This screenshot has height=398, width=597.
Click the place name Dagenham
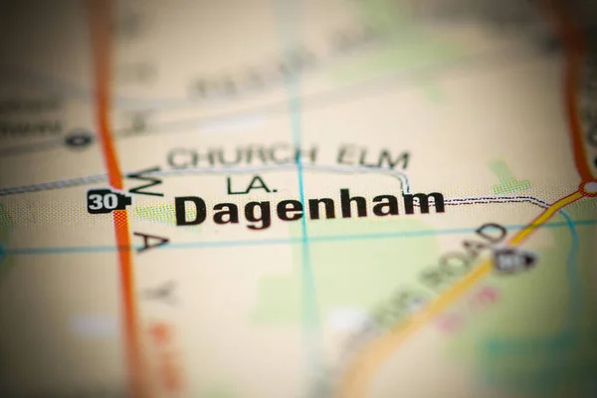tap(309, 207)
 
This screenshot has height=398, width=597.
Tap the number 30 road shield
tap(106, 200)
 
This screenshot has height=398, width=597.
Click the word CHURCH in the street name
tap(242, 156)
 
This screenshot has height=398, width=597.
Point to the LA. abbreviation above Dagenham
tap(249, 184)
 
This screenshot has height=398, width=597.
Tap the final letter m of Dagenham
tap(423, 203)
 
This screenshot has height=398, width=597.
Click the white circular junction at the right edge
tap(589, 187)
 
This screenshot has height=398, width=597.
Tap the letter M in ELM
tap(394, 158)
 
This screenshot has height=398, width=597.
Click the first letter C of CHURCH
tap(178, 157)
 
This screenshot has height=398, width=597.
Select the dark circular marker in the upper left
tap(79, 140)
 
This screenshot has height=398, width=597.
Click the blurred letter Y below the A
tap(162, 292)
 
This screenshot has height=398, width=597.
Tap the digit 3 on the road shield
tap(99, 200)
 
